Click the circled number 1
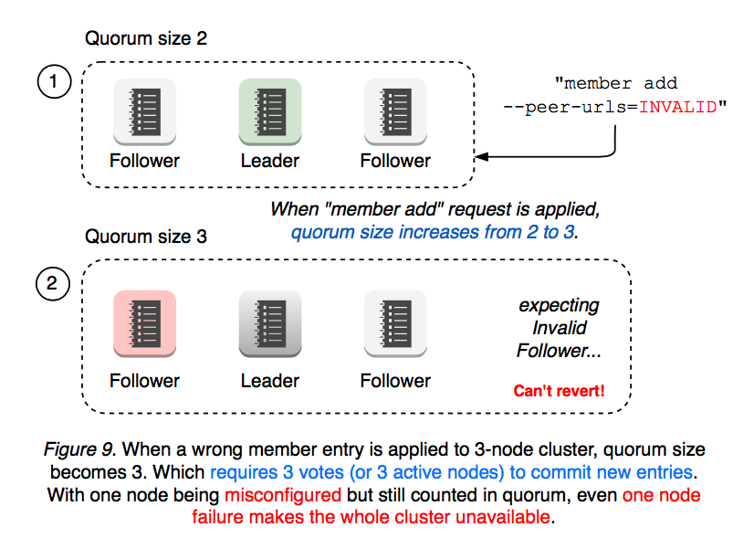tap(53, 82)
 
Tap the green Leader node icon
tap(270, 111)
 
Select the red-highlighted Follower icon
tap(144, 322)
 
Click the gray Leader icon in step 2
tap(270, 322)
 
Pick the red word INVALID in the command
tap(678, 106)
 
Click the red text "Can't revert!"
tap(559, 392)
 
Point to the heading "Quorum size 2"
tap(146, 38)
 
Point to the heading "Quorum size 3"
tap(146, 237)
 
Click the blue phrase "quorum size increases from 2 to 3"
tap(434, 232)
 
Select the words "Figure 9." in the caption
tap(79, 450)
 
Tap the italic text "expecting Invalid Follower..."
tap(560, 328)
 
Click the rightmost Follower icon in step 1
tap(395, 111)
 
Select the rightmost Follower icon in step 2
tap(395, 322)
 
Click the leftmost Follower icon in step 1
tap(144, 111)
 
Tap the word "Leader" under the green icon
tap(270, 161)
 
